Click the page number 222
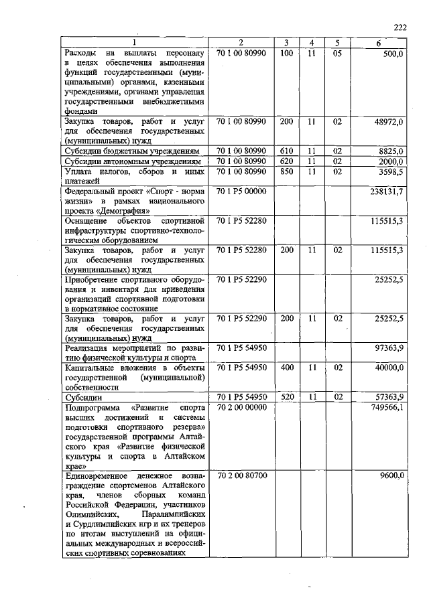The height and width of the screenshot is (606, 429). [400, 27]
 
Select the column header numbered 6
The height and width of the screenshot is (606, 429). [379, 44]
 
